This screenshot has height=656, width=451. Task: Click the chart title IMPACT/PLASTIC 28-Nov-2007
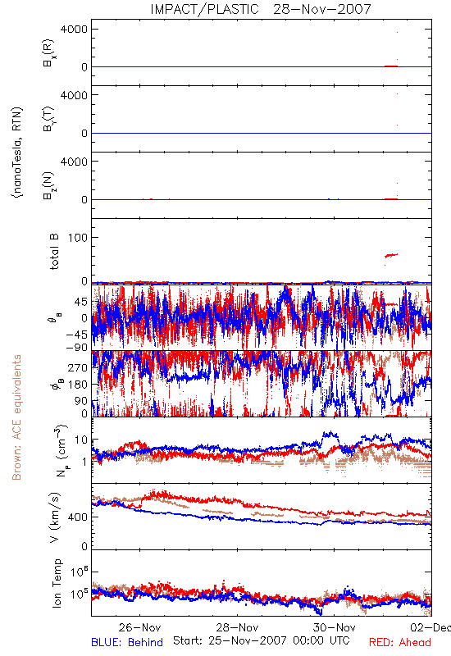(261, 9)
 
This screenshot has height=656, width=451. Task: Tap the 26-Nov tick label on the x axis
(139, 627)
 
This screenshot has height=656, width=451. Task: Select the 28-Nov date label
(237, 627)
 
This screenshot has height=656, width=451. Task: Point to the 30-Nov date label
(335, 627)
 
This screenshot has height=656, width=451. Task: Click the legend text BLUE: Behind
(127, 642)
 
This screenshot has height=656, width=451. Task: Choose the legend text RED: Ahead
(399, 642)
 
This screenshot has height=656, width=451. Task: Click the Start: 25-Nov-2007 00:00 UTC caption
(262, 640)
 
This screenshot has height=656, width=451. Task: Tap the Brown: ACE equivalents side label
(16, 417)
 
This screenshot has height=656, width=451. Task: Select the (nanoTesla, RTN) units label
(17, 153)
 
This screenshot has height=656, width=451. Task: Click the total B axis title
(54, 252)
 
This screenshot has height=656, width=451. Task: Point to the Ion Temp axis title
(57, 583)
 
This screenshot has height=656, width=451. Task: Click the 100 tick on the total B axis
(79, 238)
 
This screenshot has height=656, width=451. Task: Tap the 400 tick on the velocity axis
(79, 517)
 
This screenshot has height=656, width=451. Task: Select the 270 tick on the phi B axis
(79, 367)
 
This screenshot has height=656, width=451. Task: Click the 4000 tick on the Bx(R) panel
(75, 29)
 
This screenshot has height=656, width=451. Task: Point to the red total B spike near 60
(391, 255)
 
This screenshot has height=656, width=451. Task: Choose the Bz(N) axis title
(49, 184)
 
